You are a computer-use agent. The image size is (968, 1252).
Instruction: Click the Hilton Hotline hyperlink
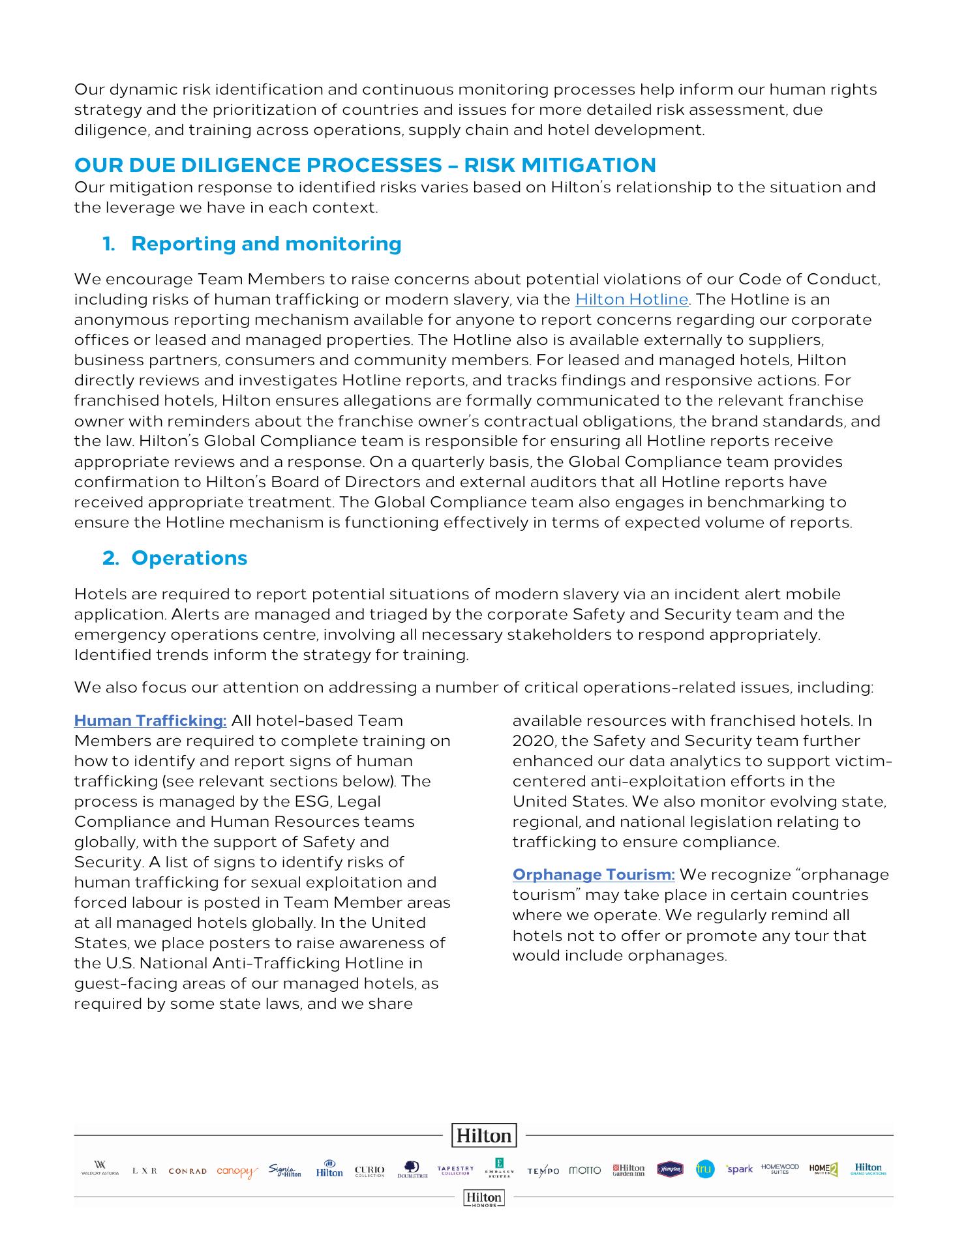tap(631, 299)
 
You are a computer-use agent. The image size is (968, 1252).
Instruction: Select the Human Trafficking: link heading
tap(150, 721)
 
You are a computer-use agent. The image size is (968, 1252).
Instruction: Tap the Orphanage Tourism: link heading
tap(594, 874)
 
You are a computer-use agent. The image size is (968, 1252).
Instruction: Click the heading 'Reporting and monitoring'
tap(266, 244)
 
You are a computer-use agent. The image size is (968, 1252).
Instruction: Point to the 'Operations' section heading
tap(189, 558)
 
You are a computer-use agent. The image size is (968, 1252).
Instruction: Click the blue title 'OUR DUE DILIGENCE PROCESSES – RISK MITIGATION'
tap(365, 165)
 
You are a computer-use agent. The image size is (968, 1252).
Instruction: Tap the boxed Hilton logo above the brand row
tap(484, 1135)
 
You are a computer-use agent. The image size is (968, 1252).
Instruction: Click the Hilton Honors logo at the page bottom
tap(483, 1198)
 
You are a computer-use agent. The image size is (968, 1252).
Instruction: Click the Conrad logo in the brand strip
tap(187, 1171)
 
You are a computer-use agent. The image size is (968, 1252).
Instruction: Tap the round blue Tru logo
tap(704, 1169)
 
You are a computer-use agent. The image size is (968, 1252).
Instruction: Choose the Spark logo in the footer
tap(740, 1169)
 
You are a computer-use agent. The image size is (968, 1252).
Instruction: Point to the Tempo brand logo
tap(543, 1171)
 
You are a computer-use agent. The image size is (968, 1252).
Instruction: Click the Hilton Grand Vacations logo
tap(868, 1169)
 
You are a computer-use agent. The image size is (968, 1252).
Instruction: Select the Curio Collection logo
tap(369, 1171)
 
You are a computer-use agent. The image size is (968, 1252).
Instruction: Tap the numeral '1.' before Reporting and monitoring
tap(109, 244)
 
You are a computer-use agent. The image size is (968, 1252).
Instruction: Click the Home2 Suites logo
tap(823, 1169)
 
